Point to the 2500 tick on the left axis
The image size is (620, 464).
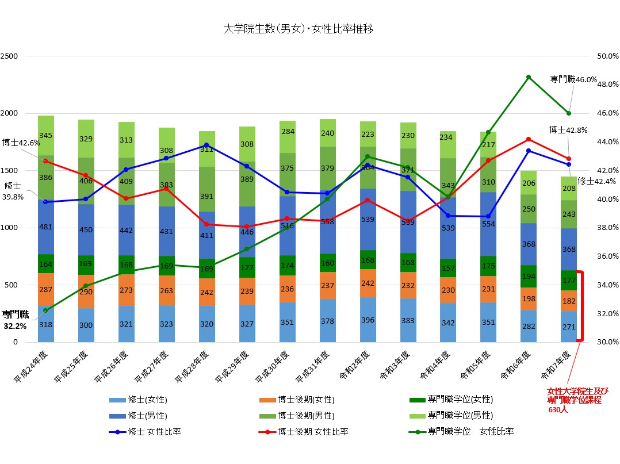[10, 56]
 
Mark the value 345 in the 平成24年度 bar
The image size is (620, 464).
[45, 136]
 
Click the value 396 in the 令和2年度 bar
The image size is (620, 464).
[368, 320]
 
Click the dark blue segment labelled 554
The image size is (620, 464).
[488, 224]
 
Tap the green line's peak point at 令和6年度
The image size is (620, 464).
[528, 76]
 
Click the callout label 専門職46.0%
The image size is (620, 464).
[573, 79]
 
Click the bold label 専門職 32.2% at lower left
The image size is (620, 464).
[16, 320]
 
